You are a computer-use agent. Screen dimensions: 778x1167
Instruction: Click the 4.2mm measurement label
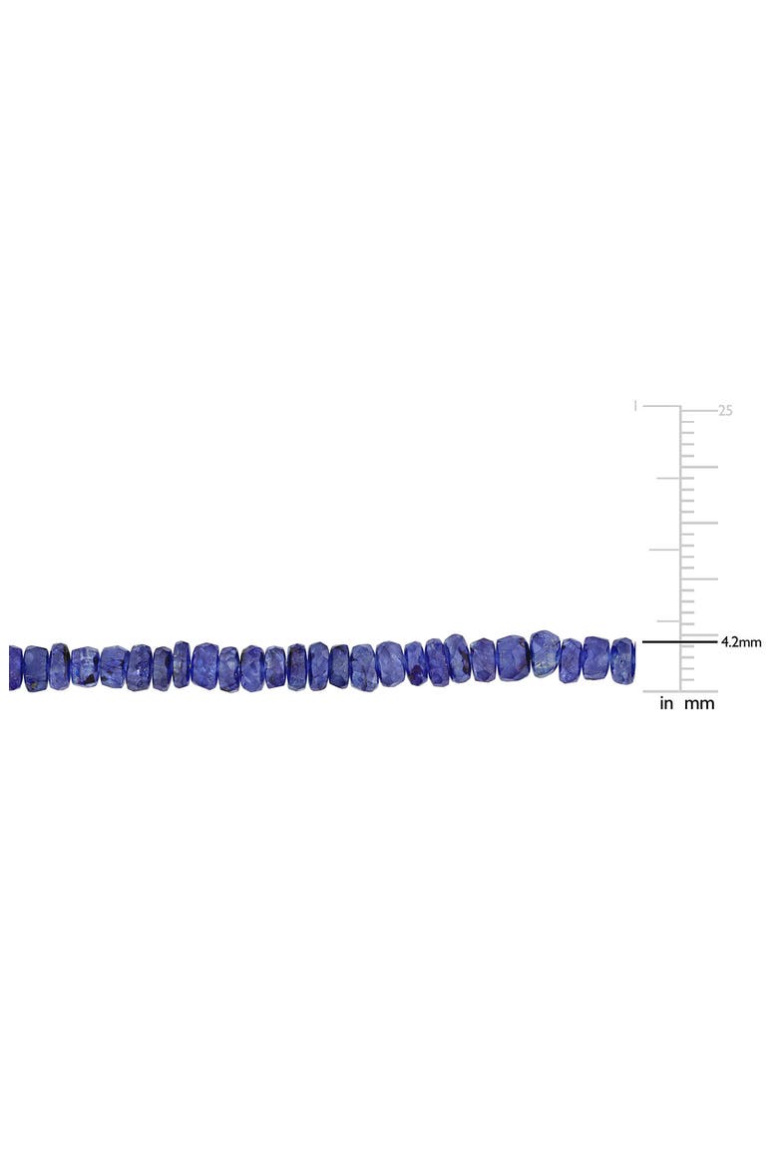tap(741, 641)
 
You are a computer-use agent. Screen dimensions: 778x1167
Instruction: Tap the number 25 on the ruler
tap(725, 410)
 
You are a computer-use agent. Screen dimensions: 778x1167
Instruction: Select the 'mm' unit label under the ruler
tap(699, 703)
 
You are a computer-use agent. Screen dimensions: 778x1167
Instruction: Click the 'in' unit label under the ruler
tap(666, 703)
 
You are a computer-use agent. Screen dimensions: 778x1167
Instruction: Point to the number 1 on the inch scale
tap(634, 406)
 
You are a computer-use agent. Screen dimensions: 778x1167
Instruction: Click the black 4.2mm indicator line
tap(679, 641)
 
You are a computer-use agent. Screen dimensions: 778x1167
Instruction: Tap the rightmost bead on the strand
tap(622, 657)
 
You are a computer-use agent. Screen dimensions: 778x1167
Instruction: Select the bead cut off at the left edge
tap(16, 667)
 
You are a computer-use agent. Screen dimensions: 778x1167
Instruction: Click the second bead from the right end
tap(595, 658)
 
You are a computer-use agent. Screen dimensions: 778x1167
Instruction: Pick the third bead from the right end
tap(571, 661)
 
